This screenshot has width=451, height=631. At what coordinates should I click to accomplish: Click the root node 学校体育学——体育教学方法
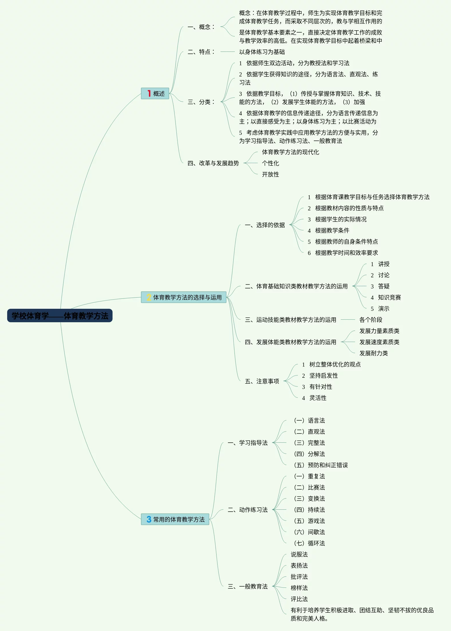click(60, 316)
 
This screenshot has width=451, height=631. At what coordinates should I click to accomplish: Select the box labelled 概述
click(155, 94)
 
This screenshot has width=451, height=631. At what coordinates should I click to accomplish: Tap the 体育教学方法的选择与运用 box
click(184, 297)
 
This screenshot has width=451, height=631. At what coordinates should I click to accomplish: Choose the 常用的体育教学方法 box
click(175, 519)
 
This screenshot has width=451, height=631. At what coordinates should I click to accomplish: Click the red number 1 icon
click(149, 93)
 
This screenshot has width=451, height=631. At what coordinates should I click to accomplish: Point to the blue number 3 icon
click(149, 519)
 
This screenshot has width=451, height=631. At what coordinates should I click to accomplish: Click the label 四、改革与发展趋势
click(213, 163)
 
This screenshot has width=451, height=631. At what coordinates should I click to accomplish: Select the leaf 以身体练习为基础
click(262, 52)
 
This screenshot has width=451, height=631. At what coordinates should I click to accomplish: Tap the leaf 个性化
click(270, 163)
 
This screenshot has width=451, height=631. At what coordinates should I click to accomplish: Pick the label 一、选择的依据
click(265, 225)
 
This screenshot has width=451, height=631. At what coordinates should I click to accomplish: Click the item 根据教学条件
click(332, 230)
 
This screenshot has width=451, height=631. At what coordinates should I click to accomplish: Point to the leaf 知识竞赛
click(389, 297)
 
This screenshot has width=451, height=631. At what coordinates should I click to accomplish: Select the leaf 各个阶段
click(371, 320)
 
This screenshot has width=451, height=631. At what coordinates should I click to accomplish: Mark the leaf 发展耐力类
click(373, 353)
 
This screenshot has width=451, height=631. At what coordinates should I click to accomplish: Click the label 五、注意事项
click(262, 381)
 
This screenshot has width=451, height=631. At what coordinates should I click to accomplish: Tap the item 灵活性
click(318, 398)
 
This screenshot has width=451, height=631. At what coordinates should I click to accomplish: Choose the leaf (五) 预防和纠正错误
click(321, 465)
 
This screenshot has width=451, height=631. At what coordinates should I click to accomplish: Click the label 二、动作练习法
click(248, 510)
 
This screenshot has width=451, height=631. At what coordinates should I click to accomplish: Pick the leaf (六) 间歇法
click(309, 532)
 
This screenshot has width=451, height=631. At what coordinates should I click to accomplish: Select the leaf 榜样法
click(299, 588)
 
